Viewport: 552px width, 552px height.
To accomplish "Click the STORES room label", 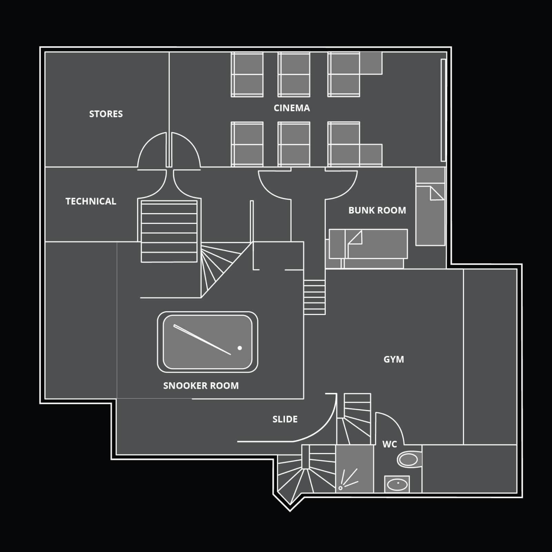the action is pyautogui.click(x=106, y=114).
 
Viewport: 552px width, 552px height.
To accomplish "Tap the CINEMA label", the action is pyautogui.click(x=292, y=108).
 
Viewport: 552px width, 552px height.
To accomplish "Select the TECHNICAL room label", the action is pyautogui.click(x=91, y=201).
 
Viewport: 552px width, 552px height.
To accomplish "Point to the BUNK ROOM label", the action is pyautogui.click(x=377, y=210).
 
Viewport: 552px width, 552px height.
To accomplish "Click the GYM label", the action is pyautogui.click(x=394, y=359).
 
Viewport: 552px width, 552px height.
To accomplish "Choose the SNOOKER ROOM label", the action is pyautogui.click(x=201, y=385).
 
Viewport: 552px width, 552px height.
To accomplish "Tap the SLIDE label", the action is pyautogui.click(x=285, y=419).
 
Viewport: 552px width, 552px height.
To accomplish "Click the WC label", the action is pyautogui.click(x=390, y=444).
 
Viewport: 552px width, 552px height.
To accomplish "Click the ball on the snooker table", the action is pyautogui.click(x=240, y=348).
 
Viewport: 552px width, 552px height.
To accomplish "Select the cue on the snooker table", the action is pyautogui.click(x=202, y=339).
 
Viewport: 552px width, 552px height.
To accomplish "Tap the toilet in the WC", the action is pyautogui.click(x=409, y=460).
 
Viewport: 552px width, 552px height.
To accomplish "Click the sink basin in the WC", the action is pyautogui.click(x=397, y=484).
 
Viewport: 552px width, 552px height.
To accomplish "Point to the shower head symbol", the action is pyautogui.click(x=341, y=488).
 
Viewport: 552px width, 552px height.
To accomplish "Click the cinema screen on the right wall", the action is pyautogui.click(x=443, y=110).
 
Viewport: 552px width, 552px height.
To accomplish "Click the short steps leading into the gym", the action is pyautogui.click(x=314, y=297).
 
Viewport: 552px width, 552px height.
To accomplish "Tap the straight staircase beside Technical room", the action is pyautogui.click(x=169, y=231).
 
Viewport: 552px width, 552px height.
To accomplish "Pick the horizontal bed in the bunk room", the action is pyautogui.click(x=368, y=244).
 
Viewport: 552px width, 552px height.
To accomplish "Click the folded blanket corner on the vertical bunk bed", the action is pyautogui.click(x=437, y=193).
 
